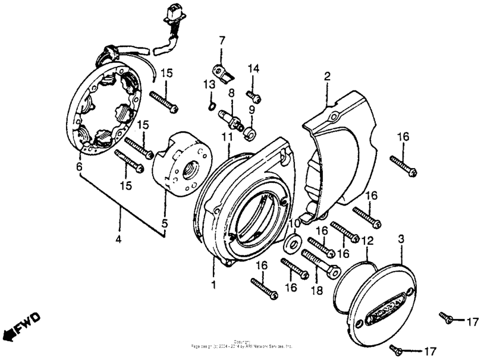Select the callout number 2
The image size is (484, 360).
point(327,76)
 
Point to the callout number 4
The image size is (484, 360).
point(119,240)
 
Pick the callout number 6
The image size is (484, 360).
point(79,166)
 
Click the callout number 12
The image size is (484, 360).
point(367,240)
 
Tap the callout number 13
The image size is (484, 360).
point(208,84)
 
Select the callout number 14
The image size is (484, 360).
point(253,68)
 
